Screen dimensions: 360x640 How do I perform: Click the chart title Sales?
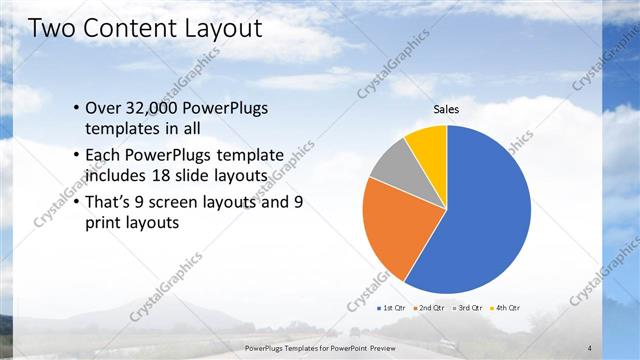pyautogui.click(x=446, y=110)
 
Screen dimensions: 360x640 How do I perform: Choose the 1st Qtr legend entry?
pyautogui.click(x=390, y=308)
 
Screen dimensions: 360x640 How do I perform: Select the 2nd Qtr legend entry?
pyautogui.click(x=428, y=308)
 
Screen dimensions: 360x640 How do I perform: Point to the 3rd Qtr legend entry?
pyautogui.click(x=467, y=308)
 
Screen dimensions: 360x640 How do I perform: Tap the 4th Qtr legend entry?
pyautogui.click(x=505, y=308)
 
